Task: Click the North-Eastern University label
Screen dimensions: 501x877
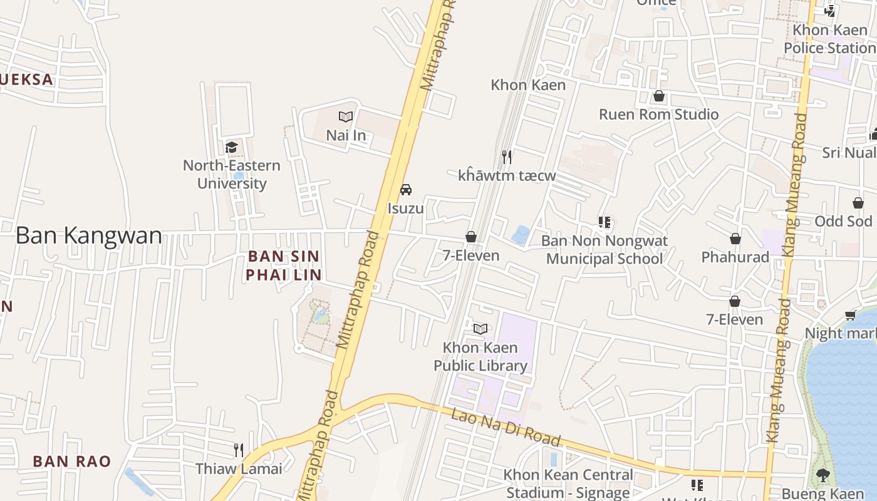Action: click(x=232, y=174)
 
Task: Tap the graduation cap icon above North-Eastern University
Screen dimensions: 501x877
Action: click(x=232, y=147)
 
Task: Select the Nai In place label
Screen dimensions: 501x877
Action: click(x=346, y=135)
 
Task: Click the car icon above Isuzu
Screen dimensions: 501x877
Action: click(x=406, y=189)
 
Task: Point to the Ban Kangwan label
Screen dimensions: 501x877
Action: click(x=88, y=235)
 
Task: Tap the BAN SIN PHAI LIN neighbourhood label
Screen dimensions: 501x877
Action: click(x=284, y=265)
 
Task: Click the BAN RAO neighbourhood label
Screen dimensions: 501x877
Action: click(x=72, y=462)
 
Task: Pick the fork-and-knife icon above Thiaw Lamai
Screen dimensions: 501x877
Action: click(x=239, y=450)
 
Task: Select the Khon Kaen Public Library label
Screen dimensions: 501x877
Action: click(x=480, y=356)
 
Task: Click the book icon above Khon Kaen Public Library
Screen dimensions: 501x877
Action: click(x=480, y=329)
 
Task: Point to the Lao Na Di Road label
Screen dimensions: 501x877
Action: click(x=506, y=427)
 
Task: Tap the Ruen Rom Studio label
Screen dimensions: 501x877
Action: click(x=658, y=114)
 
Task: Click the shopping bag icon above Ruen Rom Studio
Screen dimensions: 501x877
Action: click(x=658, y=96)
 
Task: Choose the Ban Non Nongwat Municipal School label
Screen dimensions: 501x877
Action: click(x=605, y=249)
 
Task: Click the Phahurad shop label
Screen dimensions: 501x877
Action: click(x=735, y=257)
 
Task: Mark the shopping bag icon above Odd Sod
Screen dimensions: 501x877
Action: click(x=858, y=203)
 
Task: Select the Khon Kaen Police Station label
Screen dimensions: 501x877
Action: click(x=829, y=39)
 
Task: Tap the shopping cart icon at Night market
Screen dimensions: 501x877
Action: click(x=850, y=315)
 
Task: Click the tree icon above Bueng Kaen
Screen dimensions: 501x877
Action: click(x=823, y=475)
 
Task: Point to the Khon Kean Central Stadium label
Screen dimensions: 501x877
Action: click(x=568, y=483)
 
